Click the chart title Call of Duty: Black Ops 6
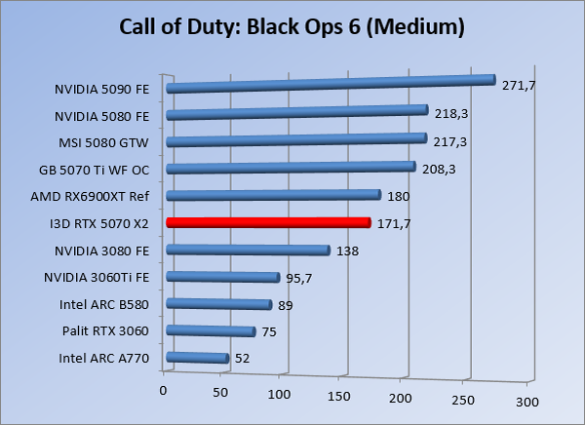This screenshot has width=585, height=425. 291,26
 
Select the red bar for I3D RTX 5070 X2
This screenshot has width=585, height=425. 268,223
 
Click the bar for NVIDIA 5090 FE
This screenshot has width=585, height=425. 331,85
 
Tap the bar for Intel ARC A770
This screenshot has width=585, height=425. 198,359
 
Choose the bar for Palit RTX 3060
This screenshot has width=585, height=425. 212,331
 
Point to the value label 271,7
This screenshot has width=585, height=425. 519,85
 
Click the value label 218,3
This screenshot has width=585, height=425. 452,114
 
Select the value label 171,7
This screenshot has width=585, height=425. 396,224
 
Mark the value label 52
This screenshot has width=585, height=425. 244,360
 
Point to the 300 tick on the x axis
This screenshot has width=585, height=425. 526,401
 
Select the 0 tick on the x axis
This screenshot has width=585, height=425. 164,391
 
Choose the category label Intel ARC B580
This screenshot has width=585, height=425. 104,304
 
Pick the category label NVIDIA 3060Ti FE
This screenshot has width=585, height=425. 97,278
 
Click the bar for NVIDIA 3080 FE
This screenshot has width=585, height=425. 249,251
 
